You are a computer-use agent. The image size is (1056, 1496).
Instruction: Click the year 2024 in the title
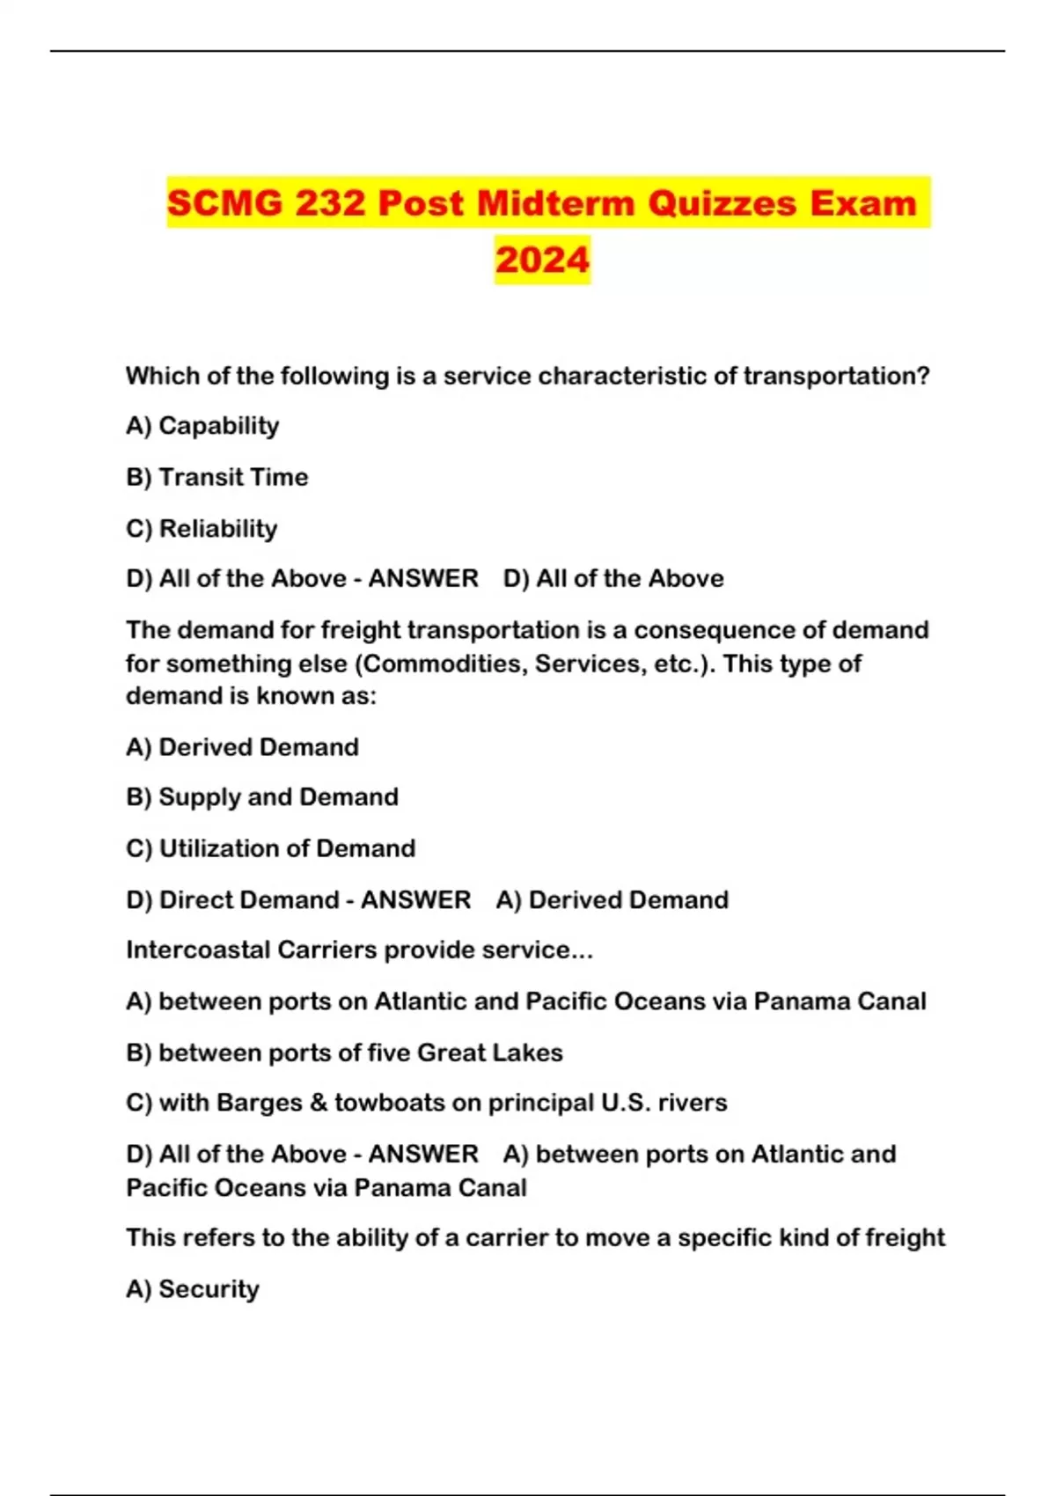click(542, 260)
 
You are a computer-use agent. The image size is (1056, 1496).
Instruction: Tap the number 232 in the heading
click(330, 203)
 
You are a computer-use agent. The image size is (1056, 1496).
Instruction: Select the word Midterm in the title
click(556, 203)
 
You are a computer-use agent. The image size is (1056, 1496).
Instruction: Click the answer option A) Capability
click(202, 426)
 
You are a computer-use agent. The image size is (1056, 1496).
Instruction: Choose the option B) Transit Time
click(217, 477)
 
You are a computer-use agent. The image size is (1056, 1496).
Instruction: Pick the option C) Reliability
click(202, 529)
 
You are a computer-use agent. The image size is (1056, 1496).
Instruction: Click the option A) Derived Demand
click(242, 747)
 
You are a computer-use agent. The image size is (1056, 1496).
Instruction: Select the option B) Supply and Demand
click(262, 797)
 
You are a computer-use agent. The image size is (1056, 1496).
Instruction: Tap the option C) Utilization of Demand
click(271, 848)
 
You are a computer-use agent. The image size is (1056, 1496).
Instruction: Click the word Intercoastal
click(198, 950)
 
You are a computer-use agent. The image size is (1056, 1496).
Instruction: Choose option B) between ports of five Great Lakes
click(344, 1052)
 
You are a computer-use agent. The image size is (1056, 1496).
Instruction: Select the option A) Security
click(193, 1289)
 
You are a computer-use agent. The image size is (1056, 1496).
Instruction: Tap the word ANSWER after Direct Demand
click(415, 900)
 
